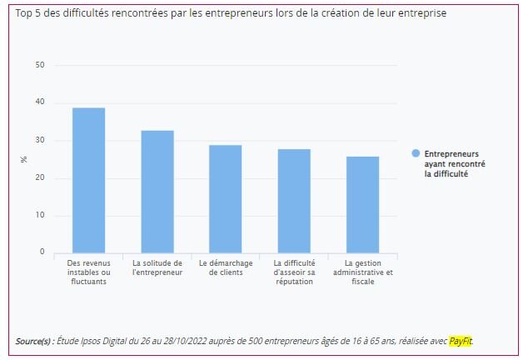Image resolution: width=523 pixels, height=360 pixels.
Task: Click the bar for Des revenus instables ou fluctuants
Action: [88, 180]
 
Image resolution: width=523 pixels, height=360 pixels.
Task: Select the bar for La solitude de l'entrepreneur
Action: [157, 192]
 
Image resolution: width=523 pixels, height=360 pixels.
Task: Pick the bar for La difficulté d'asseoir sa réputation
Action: [294, 201]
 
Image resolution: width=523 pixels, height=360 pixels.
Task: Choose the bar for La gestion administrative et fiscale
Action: [362, 204]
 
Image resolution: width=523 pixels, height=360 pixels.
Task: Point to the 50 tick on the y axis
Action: [40, 65]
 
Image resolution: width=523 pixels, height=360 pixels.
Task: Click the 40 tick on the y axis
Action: [40, 102]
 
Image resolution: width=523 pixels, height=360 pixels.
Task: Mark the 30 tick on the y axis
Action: [40, 140]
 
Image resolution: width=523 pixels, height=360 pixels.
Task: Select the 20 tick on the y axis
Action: [40, 177]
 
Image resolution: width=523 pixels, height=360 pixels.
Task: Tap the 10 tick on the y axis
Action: [40, 215]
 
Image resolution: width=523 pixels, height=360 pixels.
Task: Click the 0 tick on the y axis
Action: [42, 252]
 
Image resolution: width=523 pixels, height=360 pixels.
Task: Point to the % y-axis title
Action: [24, 159]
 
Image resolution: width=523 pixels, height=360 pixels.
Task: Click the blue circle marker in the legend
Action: [416, 154]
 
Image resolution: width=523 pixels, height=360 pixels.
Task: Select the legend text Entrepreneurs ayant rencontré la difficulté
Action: [455, 163]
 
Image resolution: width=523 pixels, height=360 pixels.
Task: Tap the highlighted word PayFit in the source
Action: [460, 341]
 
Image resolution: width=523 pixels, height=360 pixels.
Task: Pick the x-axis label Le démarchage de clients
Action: [225, 267]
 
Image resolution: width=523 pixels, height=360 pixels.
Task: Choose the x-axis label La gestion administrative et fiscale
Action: [362, 272]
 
